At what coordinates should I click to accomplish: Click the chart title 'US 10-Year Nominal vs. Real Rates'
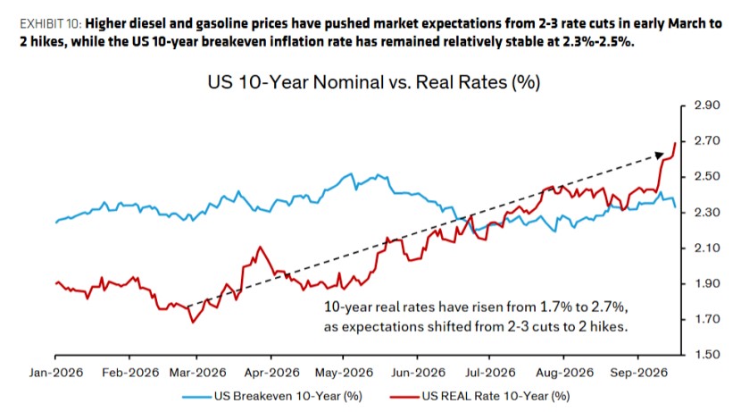point(374,82)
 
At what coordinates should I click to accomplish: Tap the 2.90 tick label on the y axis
point(707,105)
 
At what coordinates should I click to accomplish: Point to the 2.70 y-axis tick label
point(707,140)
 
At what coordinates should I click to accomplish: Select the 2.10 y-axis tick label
point(707,248)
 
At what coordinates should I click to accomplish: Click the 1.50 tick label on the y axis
point(707,355)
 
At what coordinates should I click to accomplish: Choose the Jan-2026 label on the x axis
point(55,373)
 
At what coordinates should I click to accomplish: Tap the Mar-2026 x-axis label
point(198,373)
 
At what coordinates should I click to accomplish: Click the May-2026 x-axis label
point(344,373)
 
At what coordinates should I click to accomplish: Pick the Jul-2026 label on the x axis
point(490,373)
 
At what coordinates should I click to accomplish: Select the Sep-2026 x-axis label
point(639,373)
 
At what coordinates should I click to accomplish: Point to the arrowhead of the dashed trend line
point(660,156)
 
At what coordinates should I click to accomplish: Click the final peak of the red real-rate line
point(675,142)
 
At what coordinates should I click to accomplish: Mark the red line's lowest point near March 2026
point(193,322)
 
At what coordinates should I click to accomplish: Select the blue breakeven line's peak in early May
point(351,174)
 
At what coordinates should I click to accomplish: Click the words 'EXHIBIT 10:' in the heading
point(51,23)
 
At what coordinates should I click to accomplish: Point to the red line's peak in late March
point(260,247)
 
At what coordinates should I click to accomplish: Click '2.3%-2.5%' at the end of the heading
point(598,42)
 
